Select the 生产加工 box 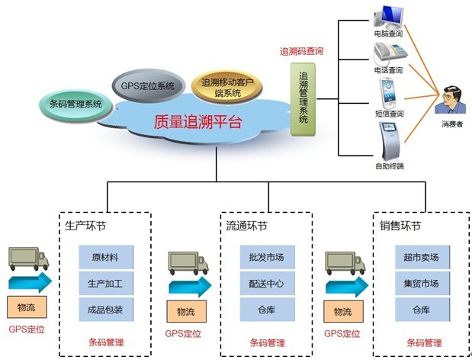105,284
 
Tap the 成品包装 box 105,310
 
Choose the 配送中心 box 266,284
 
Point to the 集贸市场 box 421,284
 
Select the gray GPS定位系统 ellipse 147,85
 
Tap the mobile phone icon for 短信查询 389,92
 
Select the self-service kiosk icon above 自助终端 389,138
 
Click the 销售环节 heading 400,227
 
